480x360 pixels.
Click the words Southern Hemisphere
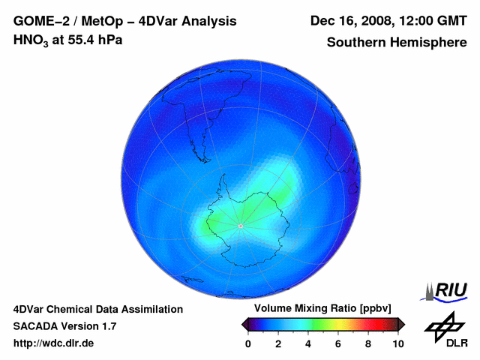click(397, 42)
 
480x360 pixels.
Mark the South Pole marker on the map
click(240, 226)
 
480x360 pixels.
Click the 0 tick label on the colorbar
click(248, 343)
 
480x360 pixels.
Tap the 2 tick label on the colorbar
click(278, 343)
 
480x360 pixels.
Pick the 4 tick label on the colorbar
click(308, 343)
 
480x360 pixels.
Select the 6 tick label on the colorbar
click(338, 343)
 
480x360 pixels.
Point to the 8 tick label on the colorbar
click(368, 343)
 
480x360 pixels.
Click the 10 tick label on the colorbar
click(398, 343)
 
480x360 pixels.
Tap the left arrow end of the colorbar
click(244, 324)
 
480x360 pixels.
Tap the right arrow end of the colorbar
click(401, 324)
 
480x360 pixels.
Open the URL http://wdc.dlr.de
click(54, 343)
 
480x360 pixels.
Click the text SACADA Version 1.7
click(64, 326)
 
